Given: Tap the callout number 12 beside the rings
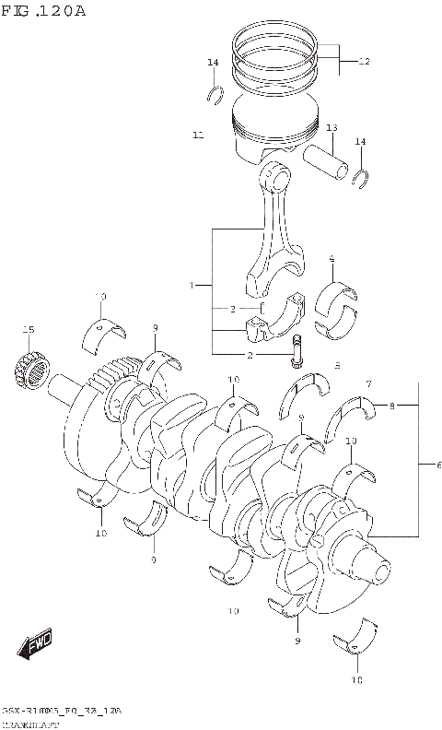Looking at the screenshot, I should tap(363, 62).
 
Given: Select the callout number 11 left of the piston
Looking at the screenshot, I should tap(198, 135).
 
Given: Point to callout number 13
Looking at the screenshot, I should tap(331, 128).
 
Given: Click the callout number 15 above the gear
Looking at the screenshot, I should tap(28, 330).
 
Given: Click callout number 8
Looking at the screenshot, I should tap(391, 406).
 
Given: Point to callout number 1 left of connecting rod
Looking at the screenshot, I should tap(192, 287).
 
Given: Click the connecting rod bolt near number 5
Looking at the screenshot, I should tap(297, 350).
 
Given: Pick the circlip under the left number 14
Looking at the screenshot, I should tap(216, 92).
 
